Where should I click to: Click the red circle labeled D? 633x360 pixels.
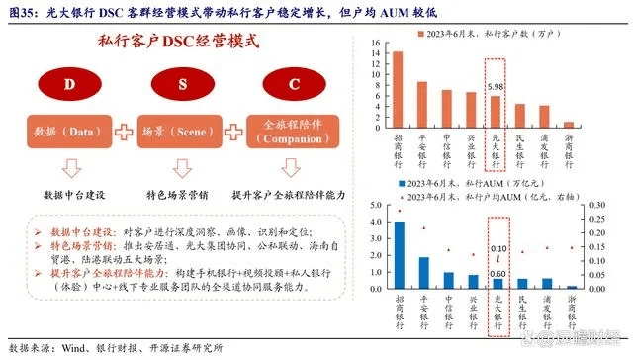[x=70, y=85]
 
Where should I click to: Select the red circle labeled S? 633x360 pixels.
[x=183, y=85]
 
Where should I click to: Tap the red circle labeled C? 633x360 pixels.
[x=293, y=85]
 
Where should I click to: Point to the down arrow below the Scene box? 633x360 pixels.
[x=183, y=167]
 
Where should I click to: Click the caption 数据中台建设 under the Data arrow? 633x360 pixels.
[x=70, y=195]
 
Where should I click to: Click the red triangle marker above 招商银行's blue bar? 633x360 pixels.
[x=399, y=211]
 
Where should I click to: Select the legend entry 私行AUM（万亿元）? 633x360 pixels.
[x=469, y=185]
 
